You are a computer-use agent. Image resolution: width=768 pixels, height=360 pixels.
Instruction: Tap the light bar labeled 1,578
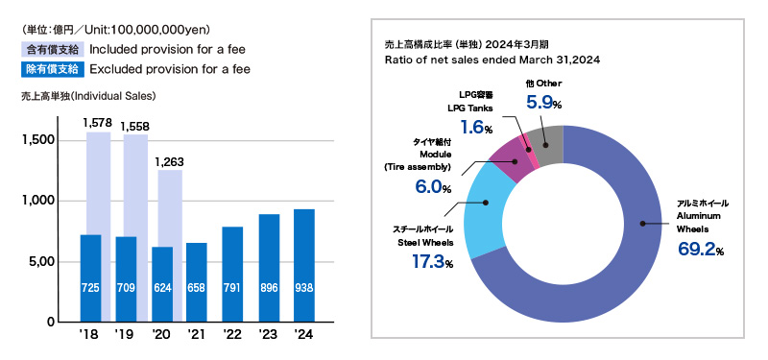click(x=98, y=182)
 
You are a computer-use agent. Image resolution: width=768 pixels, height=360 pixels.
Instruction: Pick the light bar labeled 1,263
click(x=169, y=206)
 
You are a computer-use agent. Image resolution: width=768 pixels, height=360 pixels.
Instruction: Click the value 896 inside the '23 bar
click(x=268, y=286)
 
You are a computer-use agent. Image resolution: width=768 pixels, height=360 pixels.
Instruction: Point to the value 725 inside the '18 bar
click(x=91, y=286)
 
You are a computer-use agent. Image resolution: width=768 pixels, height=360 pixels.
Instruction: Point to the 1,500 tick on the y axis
click(x=38, y=140)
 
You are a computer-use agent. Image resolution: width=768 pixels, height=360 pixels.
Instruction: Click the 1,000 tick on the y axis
click(x=38, y=201)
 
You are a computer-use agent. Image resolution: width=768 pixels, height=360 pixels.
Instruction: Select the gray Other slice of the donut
click(x=546, y=144)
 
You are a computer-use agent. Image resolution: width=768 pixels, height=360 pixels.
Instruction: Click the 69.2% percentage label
click(x=698, y=251)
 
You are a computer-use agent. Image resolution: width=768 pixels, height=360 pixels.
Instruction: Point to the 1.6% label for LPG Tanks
click(x=476, y=128)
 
